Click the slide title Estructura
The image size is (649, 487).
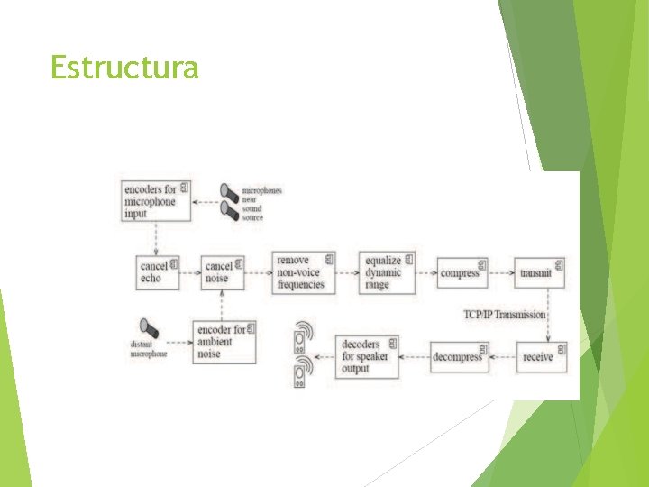124,68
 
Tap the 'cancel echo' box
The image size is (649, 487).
158,272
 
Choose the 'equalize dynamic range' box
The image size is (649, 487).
387,272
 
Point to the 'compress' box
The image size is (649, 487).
462,272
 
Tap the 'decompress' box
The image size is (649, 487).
459,357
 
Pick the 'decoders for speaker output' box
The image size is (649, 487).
368,356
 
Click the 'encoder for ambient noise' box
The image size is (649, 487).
224,342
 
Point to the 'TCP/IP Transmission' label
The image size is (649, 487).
505,315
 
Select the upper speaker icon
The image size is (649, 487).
302,336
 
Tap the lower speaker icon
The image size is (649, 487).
302,372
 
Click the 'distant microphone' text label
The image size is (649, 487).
150,349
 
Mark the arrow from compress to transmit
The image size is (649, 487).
501,272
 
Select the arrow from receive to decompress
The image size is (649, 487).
502,357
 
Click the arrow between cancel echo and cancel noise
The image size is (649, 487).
190,272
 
